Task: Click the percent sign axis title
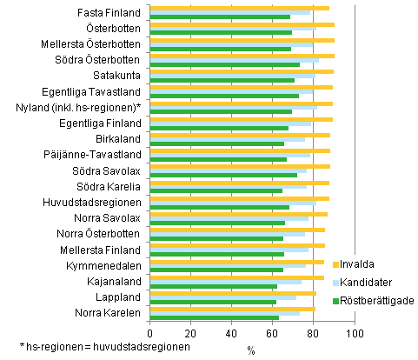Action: point(250,350)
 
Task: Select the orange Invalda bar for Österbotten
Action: point(242,24)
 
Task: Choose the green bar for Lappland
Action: point(213,302)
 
